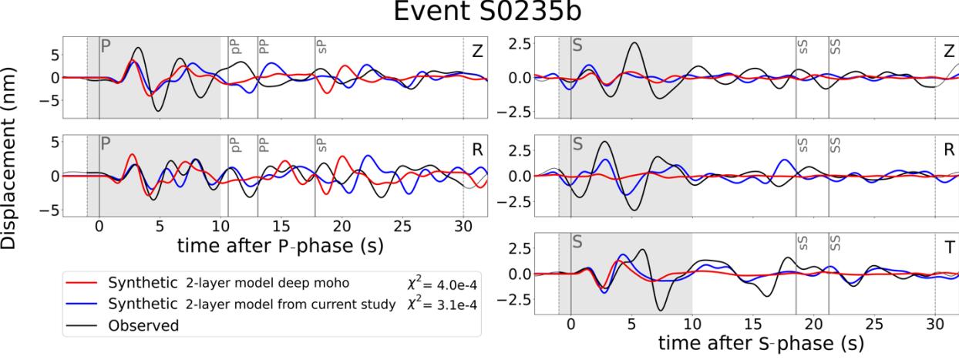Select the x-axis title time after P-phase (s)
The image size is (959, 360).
point(280,246)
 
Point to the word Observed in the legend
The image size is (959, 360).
point(144,326)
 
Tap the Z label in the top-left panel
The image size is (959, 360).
point(478,50)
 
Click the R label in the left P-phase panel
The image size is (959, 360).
point(478,149)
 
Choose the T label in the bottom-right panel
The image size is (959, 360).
point(949,247)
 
